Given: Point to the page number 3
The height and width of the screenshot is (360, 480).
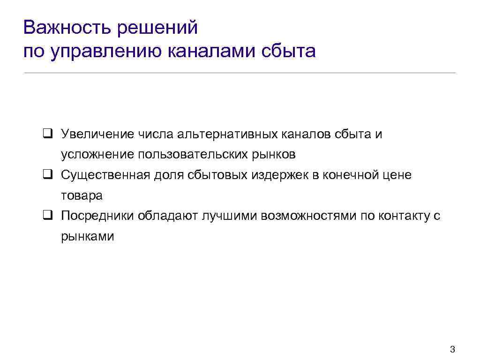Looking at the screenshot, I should point(452,349).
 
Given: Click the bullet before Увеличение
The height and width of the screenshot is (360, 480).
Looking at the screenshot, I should point(47,135).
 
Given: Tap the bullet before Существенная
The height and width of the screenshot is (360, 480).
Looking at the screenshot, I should point(47,175).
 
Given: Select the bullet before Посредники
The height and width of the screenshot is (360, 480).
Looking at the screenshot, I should point(47,216).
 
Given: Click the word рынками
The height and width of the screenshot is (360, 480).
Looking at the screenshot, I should point(88,236).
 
